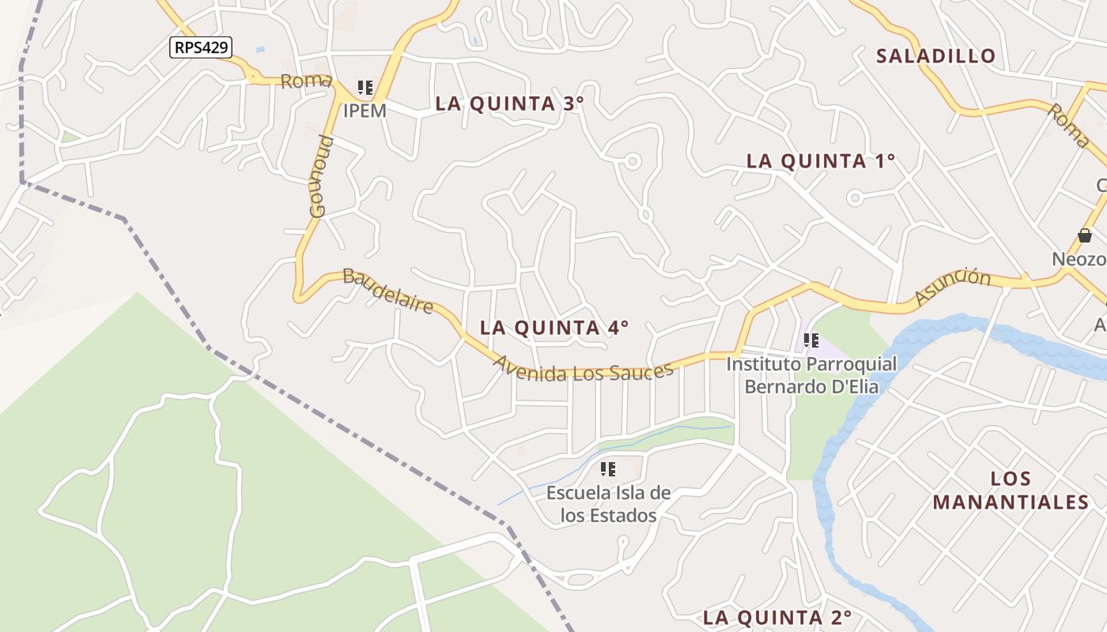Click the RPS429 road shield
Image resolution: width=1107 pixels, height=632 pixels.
tap(201, 47)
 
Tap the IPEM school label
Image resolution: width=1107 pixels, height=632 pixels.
tap(365, 111)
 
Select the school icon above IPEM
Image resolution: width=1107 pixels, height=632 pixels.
tap(365, 88)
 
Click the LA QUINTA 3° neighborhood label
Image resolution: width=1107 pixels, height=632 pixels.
tap(510, 103)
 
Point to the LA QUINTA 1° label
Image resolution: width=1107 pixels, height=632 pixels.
tap(821, 161)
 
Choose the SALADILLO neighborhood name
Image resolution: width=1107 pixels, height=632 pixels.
tap(935, 56)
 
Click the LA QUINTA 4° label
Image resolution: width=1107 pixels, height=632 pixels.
tap(554, 327)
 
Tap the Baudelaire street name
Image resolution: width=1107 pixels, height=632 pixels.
tap(388, 289)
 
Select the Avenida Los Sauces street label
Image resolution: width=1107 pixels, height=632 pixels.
tap(584, 369)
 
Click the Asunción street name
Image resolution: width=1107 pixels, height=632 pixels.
tap(953, 286)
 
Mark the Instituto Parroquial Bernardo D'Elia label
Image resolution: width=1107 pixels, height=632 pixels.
tap(811, 375)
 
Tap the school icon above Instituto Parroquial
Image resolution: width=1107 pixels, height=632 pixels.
tap(810, 340)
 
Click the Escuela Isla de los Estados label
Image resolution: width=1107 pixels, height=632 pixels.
tap(608, 504)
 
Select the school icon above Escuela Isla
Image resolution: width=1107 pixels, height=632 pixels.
tap(607, 469)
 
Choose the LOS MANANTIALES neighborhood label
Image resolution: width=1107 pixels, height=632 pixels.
tap(1011, 490)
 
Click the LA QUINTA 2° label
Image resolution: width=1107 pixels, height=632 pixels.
tap(777, 617)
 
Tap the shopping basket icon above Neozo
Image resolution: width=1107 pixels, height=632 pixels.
tap(1085, 235)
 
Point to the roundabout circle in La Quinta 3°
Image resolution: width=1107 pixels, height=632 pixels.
tap(632, 161)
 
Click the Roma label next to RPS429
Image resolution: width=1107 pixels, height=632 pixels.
tap(305, 81)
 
